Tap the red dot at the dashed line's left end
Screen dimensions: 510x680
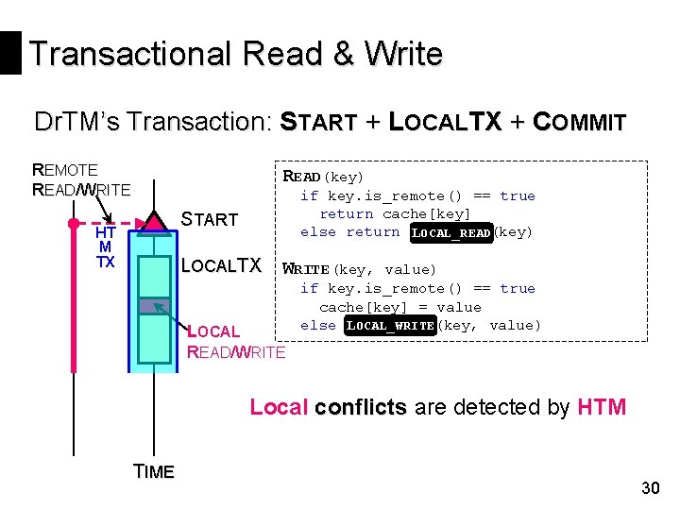[x=72, y=225]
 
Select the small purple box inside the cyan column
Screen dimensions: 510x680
[x=148, y=305]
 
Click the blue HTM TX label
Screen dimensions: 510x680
[x=105, y=247]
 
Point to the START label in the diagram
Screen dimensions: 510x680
[x=209, y=220]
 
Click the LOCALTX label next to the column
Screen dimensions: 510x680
[x=220, y=266]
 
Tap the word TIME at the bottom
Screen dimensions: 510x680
[x=154, y=472]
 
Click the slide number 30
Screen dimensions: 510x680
[x=650, y=488]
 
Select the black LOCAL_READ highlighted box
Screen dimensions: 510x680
[x=451, y=232]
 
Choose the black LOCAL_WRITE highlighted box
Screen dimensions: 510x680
[x=390, y=326]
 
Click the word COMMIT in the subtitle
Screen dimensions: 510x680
[x=579, y=123]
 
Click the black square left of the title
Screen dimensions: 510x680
[x=10, y=53]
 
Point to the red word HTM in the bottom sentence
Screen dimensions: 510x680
[x=601, y=407]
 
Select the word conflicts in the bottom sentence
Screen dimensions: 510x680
[x=360, y=407]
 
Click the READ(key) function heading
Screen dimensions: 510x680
[x=323, y=177]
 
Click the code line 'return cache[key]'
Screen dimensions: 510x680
[x=395, y=214]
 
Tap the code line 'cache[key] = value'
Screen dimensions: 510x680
[x=399, y=307]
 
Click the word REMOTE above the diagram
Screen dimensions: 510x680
[x=65, y=170]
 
